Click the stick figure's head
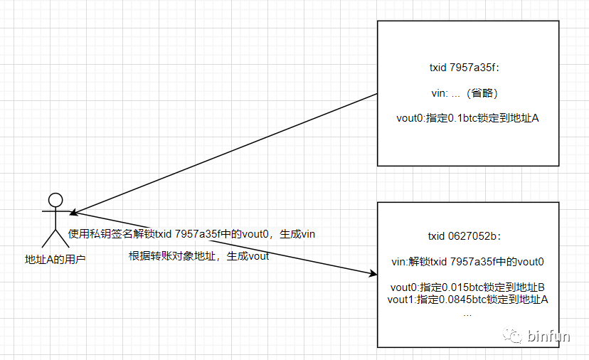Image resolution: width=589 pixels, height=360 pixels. click(55, 199)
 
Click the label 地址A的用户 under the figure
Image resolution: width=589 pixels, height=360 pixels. click(55, 260)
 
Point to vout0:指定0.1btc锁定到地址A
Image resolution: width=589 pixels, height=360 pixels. click(467, 118)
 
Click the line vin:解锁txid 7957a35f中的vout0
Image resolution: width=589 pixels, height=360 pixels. click(467, 261)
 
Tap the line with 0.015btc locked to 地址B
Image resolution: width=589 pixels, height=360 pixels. click(467, 287)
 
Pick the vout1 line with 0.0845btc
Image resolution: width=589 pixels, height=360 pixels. click(467, 300)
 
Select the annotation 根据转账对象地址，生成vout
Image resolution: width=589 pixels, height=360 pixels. click(198, 256)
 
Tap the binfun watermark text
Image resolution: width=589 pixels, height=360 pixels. click(549, 336)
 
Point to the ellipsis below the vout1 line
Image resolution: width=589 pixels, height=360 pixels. click(467, 312)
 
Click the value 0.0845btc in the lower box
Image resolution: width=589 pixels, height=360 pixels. click(471, 300)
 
